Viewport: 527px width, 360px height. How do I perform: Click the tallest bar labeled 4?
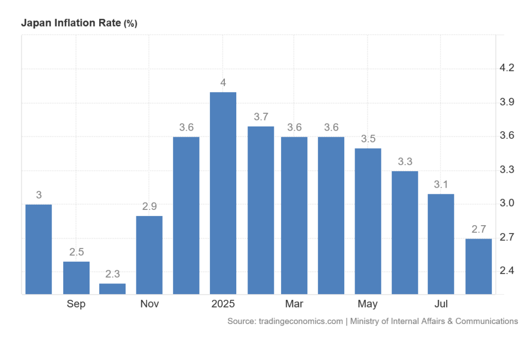(x=223, y=193)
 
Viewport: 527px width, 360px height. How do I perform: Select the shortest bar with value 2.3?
(x=112, y=289)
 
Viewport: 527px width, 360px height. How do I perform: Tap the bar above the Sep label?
(x=76, y=278)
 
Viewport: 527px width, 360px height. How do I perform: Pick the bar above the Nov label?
(x=149, y=255)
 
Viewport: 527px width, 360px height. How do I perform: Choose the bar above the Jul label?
(x=442, y=244)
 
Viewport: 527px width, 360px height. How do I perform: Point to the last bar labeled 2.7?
(x=478, y=266)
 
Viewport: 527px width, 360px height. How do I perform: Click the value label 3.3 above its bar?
(x=405, y=161)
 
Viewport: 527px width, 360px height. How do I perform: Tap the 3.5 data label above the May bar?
(x=368, y=139)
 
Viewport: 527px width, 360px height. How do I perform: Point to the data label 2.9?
(x=149, y=207)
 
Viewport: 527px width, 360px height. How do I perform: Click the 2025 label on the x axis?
(x=223, y=304)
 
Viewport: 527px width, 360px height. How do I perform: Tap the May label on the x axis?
(x=368, y=304)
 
